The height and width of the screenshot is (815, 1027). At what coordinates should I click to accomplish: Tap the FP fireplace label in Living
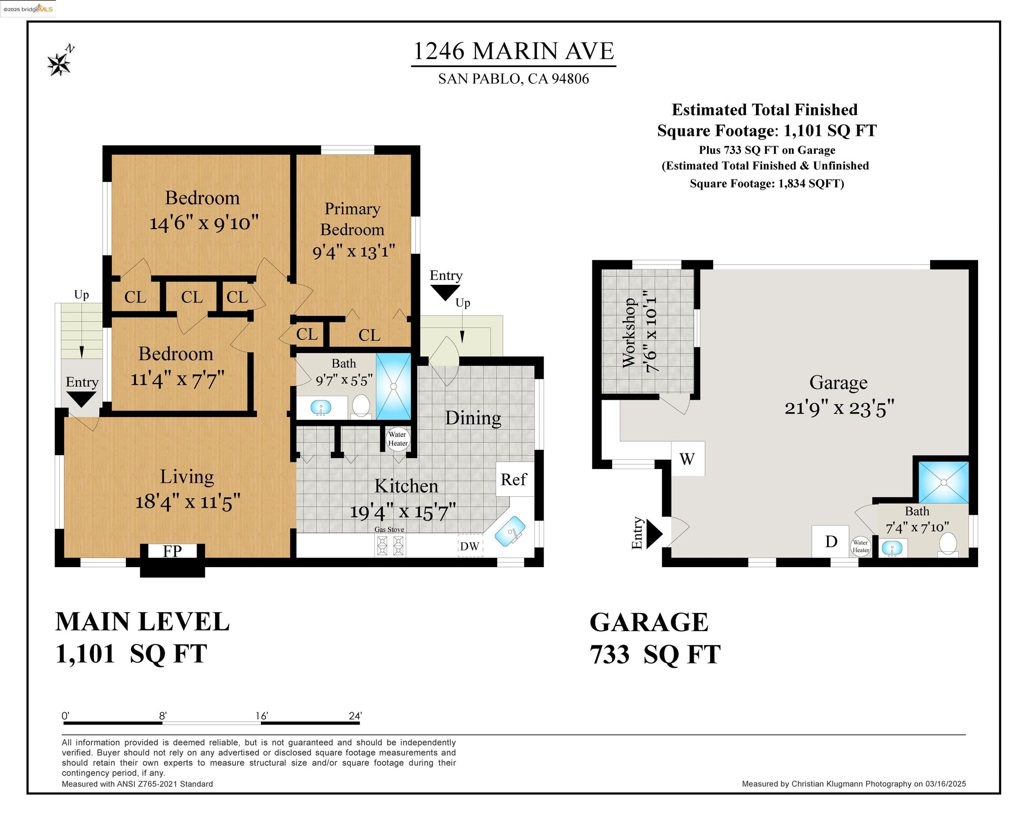(x=172, y=551)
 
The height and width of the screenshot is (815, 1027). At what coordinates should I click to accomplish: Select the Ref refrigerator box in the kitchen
(x=513, y=479)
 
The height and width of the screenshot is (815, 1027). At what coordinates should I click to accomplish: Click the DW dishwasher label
(x=470, y=546)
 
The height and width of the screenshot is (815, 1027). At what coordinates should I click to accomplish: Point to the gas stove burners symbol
(x=390, y=545)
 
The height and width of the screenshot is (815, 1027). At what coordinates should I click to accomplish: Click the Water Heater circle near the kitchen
(x=397, y=438)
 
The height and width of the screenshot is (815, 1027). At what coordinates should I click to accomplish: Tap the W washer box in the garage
(x=687, y=459)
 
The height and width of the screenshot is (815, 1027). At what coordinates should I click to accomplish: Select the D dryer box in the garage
(x=830, y=541)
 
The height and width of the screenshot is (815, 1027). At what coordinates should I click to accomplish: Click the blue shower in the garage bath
(x=943, y=482)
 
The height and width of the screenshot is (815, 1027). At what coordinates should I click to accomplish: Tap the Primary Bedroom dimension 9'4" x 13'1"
(x=354, y=251)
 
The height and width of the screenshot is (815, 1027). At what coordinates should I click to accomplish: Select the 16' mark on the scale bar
(x=262, y=716)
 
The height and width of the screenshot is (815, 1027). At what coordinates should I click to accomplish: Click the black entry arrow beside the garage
(x=654, y=533)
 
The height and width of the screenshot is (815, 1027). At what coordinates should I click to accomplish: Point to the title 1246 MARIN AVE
(x=513, y=51)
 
